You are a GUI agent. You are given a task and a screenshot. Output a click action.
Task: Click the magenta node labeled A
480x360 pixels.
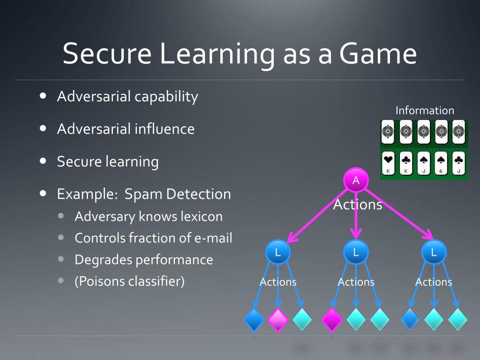(x=356, y=180)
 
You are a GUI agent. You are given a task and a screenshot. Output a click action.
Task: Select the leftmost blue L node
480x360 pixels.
(x=278, y=252)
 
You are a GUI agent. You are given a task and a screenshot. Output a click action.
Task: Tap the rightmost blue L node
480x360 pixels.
(x=434, y=252)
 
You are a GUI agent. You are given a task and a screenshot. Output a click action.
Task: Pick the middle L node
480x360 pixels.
(x=356, y=252)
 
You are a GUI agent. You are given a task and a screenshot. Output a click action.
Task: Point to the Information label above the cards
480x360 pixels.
(x=425, y=111)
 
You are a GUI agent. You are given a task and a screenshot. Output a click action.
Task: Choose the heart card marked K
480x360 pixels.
(x=389, y=164)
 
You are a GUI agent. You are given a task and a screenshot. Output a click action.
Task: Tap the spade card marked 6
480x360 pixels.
(x=442, y=164)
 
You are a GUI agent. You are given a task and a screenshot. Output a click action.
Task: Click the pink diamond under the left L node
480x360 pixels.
(x=278, y=320)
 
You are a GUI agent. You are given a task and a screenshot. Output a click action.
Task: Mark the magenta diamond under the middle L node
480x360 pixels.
(x=332, y=320)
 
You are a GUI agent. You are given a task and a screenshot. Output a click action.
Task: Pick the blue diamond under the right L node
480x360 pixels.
(x=410, y=320)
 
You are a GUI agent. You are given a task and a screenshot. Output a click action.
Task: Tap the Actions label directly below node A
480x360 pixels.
(x=358, y=205)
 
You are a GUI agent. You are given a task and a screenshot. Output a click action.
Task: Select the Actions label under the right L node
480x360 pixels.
(x=434, y=282)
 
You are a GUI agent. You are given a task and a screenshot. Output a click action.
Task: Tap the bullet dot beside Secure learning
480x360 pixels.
(x=43, y=161)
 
